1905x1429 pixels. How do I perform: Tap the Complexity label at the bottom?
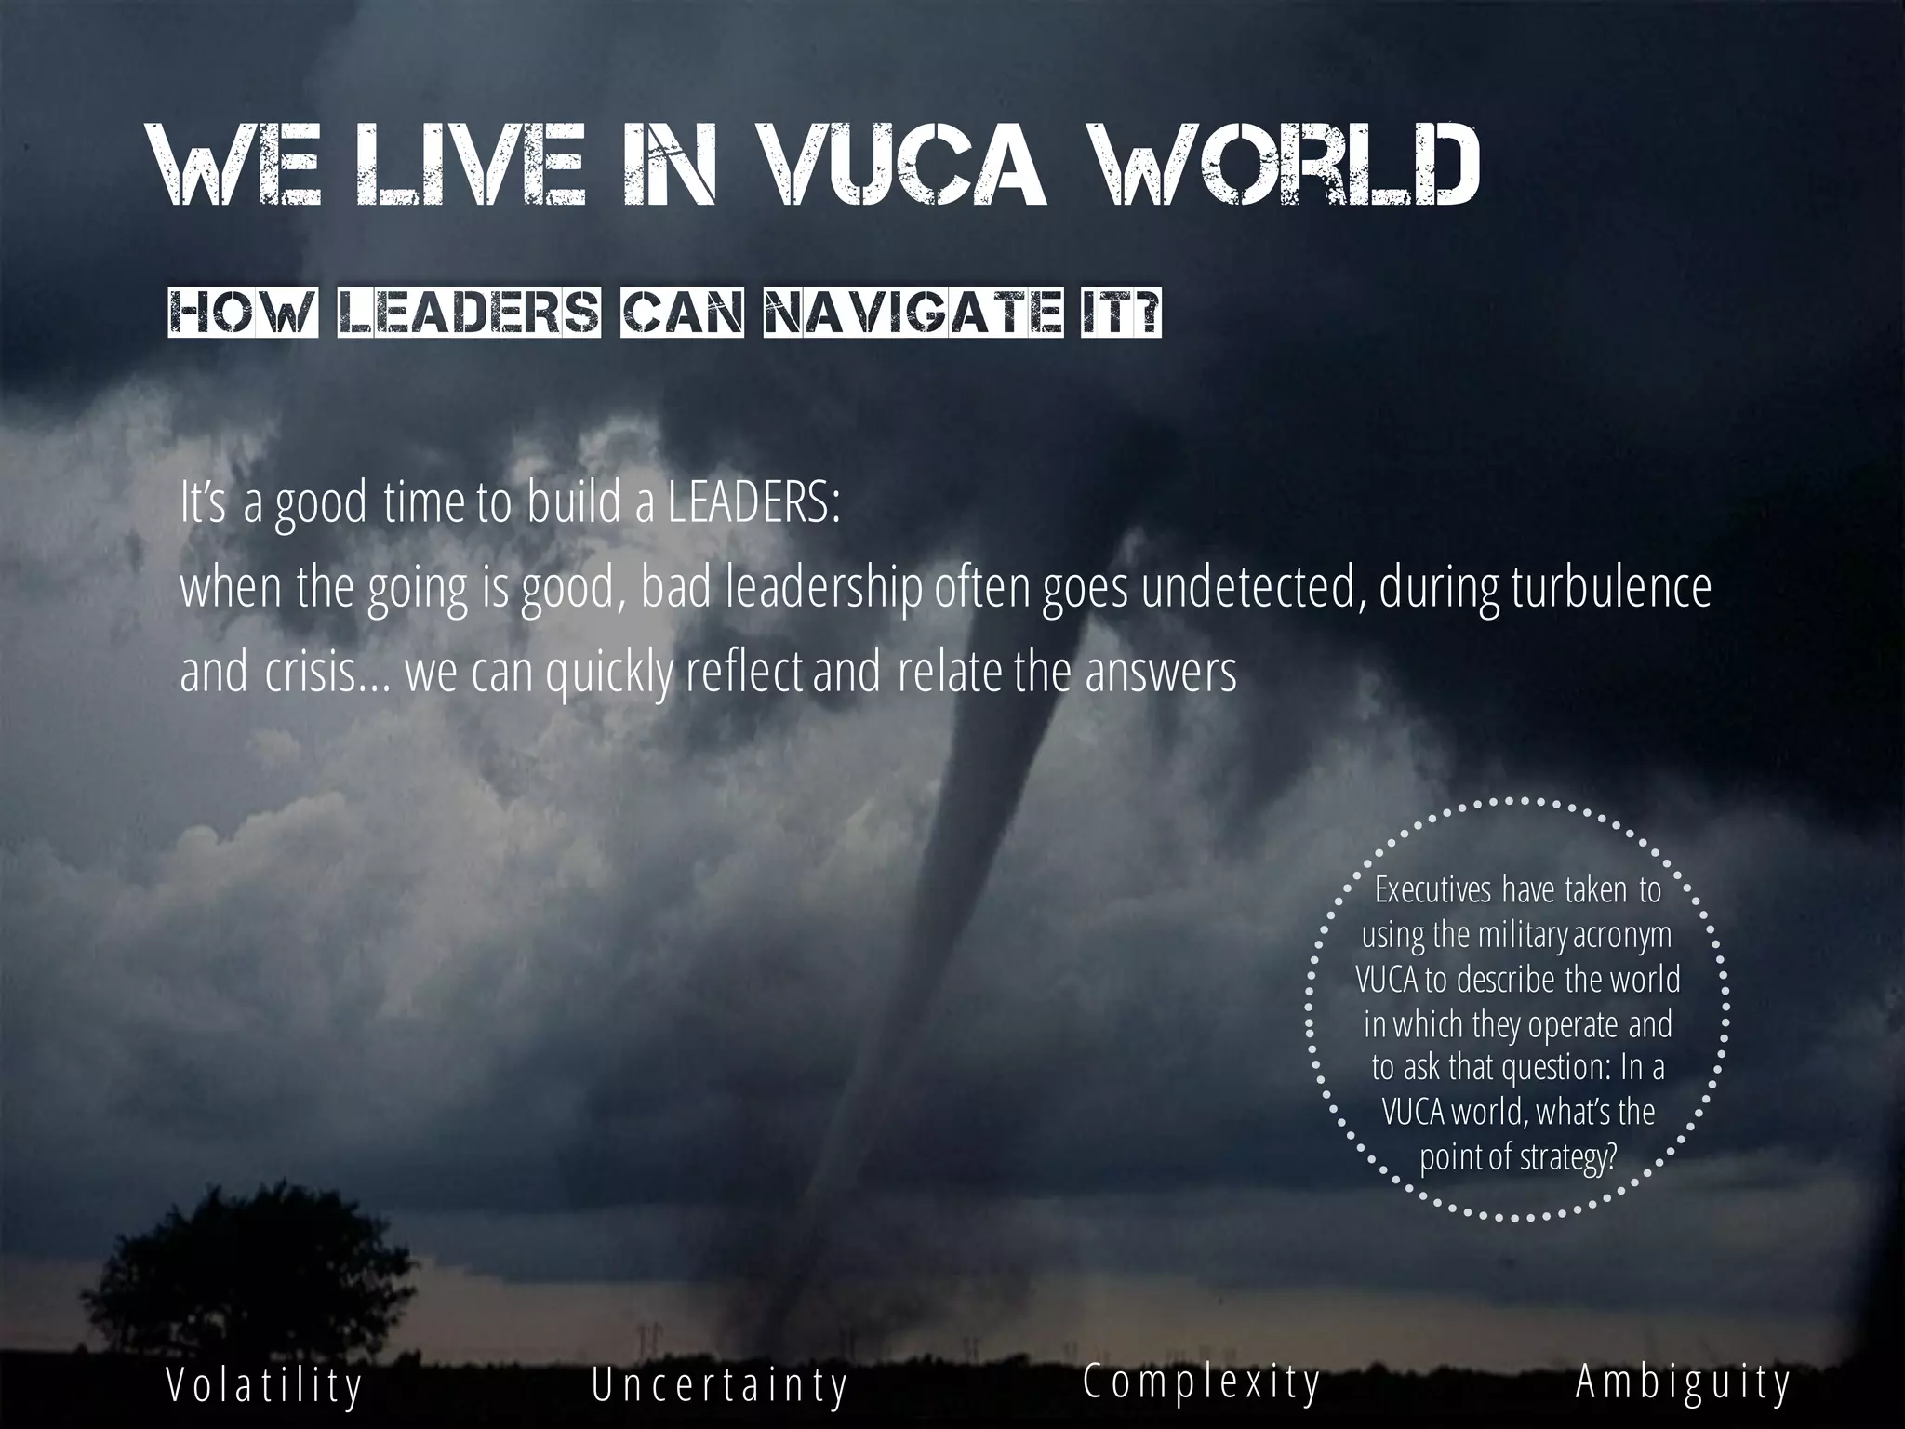point(1202,1382)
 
